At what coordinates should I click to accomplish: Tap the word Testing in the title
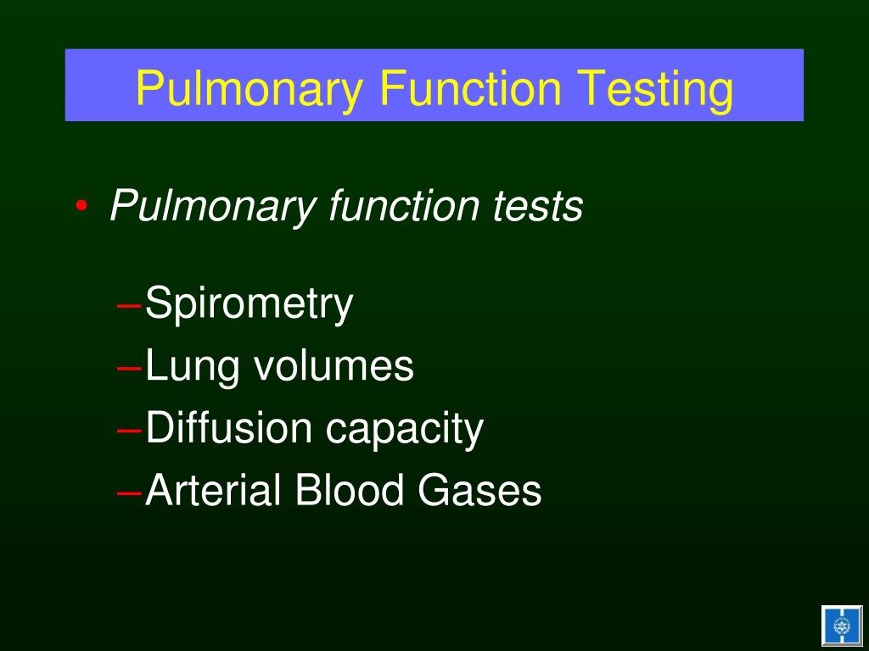[655, 88]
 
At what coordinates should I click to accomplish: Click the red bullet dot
[81, 207]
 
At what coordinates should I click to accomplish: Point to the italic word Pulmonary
[212, 207]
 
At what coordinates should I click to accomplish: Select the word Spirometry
[249, 304]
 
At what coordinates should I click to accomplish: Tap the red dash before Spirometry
[130, 305]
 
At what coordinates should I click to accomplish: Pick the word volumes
[334, 365]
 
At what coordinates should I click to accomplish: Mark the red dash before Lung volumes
[130, 368]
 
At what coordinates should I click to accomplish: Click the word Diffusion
[229, 427]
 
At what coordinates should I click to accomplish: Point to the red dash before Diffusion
[130, 430]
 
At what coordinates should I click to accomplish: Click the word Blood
[350, 490]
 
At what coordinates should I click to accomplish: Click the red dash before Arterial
[130, 492]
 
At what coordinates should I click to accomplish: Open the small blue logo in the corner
[841, 626]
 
